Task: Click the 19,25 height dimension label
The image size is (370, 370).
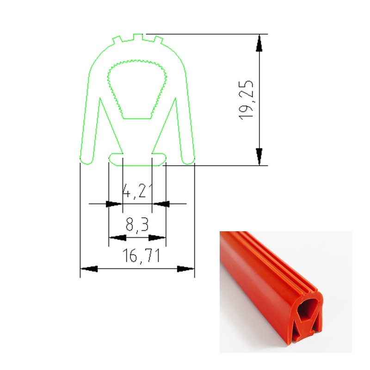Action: click(246, 100)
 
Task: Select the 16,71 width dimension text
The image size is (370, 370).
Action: click(142, 256)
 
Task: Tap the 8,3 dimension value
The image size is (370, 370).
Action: click(137, 224)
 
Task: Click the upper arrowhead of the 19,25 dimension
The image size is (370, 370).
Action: click(259, 43)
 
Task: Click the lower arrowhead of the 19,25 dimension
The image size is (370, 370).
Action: click(259, 157)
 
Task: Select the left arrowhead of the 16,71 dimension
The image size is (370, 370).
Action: click(89, 269)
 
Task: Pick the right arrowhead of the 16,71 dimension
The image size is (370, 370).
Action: click(186, 269)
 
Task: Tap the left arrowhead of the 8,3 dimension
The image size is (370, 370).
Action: click(118, 238)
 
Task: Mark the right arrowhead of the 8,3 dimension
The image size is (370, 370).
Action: click(157, 238)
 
